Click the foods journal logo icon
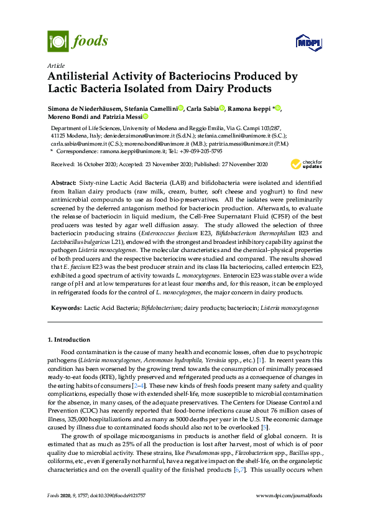(x=58, y=42)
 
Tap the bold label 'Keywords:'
(x=65, y=308)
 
